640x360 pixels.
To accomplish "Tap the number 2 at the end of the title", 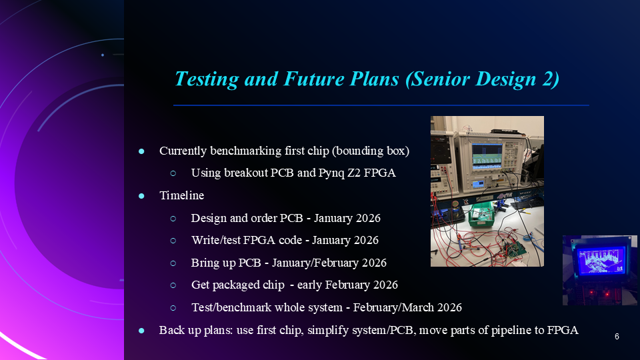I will pos(551,79).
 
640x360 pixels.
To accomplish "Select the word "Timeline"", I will pos(181,196).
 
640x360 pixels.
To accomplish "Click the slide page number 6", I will pos(617,337).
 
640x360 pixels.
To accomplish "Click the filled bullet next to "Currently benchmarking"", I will pos(141,151).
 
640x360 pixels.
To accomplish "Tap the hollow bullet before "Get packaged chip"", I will pos(173,285).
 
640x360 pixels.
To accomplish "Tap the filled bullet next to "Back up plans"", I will pos(141,330).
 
